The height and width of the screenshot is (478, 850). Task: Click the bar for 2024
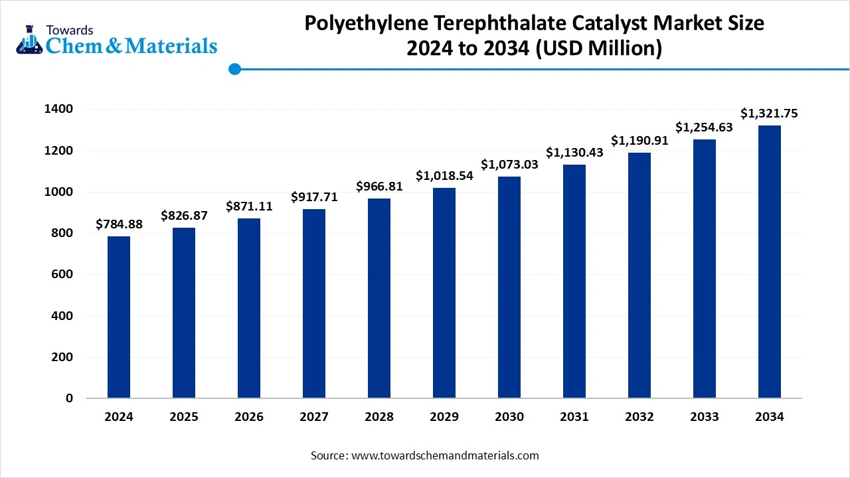click(119, 317)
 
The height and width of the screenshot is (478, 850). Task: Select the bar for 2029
click(444, 293)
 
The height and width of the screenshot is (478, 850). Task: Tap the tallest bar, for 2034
click(770, 262)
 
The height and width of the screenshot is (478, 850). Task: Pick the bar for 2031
click(574, 281)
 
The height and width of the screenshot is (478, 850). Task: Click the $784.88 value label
click(119, 224)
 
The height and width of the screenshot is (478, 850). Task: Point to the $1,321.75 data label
click(770, 114)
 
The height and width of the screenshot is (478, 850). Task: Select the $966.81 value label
click(379, 187)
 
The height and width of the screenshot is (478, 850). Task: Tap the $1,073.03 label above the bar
click(509, 164)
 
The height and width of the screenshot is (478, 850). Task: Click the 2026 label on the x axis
click(249, 417)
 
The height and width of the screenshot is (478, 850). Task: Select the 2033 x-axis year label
click(705, 417)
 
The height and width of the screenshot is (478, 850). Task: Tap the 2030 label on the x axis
click(509, 417)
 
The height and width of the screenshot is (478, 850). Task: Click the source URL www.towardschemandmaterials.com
click(445, 455)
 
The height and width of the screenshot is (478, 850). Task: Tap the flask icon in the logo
click(28, 40)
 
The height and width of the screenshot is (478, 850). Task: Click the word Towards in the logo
click(70, 30)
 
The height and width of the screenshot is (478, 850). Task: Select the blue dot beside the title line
click(234, 69)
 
